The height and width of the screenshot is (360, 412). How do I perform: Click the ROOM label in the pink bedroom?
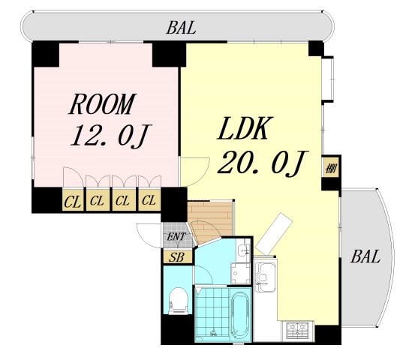(102, 104)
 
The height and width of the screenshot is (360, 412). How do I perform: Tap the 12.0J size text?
(110, 136)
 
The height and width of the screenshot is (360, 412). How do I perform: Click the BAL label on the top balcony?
(182, 28)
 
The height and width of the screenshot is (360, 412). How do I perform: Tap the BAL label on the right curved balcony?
(365, 256)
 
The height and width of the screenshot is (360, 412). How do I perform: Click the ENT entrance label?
(176, 236)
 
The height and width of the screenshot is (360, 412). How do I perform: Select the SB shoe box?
(176, 256)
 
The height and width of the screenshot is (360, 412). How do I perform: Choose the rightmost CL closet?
(149, 199)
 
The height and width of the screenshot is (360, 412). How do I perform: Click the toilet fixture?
(179, 301)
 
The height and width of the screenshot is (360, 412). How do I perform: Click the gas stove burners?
(297, 331)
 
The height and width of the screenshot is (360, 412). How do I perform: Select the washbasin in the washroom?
(244, 251)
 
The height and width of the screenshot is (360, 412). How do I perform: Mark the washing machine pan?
(241, 273)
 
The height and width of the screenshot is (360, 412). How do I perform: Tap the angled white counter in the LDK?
(273, 234)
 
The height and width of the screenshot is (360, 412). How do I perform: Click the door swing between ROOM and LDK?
(194, 172)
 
